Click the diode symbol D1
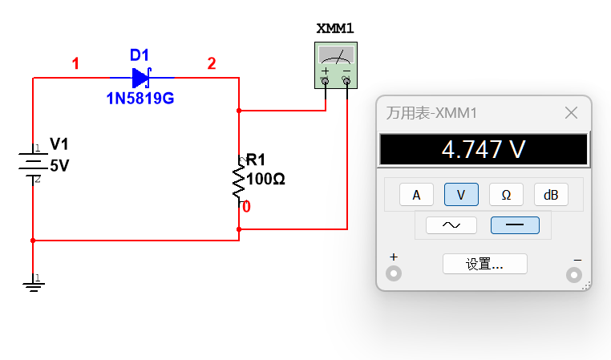coord(141,78)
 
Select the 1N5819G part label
coord(140,99)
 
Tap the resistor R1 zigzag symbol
coord(238,180)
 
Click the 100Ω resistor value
coord(265,180)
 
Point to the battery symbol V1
coord(33,163)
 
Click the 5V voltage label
coord(59,166)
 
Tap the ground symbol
coord(34,283)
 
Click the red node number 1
coord(75,63)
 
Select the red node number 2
coord(212,63)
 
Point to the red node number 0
coord(246,207)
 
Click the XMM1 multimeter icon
coord(336,66)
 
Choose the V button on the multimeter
coord(461,194)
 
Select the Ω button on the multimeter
coord(506,194)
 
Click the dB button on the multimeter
coord(551,194)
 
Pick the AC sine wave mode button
coord(451,225)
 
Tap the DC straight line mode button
coord(515,225)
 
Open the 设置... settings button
coord(485,264)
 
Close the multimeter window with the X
coord(571,113)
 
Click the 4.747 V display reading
coord(484,149)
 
